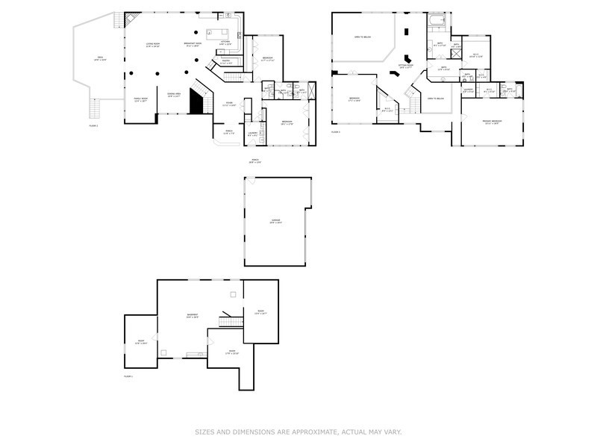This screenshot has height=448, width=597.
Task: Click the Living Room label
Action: (152, 46)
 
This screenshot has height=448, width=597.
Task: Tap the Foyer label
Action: (230, 105)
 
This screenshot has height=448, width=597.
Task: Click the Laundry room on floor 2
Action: (253, 134)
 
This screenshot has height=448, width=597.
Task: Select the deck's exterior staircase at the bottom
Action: (93, 110)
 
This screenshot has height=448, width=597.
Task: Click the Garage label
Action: (275, 221)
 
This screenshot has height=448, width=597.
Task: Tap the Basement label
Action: (192, 316)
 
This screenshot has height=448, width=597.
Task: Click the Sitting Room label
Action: (404, 66)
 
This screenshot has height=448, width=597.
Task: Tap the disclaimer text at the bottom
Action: (298, 431)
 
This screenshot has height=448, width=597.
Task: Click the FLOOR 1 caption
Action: (128, 376)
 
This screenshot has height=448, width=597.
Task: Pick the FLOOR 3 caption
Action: (336, 132)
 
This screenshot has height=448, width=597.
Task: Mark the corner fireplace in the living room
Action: (130, 19)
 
